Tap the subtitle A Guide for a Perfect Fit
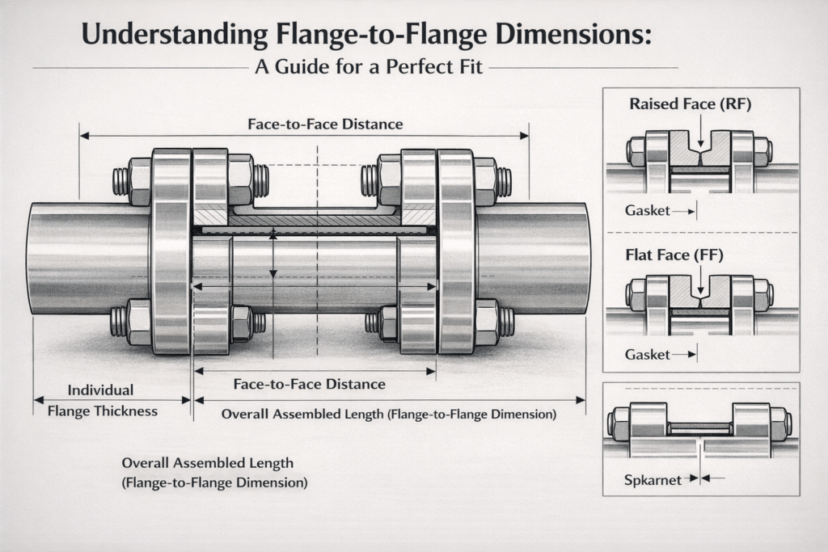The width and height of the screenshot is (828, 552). (x=369, y=67)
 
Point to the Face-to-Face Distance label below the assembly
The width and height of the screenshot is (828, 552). (x=309, y=384)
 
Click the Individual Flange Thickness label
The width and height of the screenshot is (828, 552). (x=102, y=400)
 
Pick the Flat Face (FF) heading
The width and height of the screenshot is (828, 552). (x=674, y=255)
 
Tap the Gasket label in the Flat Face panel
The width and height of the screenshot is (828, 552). (x=648, y=354)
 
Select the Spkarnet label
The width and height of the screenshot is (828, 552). (x=653, y=478)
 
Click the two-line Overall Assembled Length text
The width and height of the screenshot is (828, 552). (x=214, y=473)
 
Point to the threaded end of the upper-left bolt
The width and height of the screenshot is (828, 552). (x=120, y=181)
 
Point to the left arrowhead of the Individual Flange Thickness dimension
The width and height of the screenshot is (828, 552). (x=36, y=399)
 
